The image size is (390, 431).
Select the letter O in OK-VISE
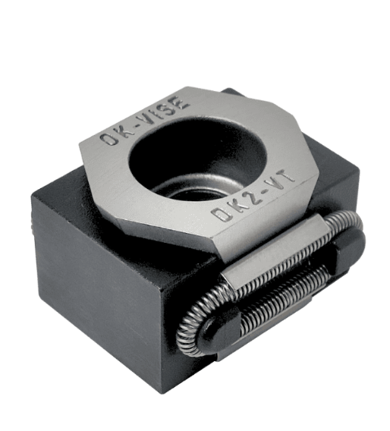[109, 140]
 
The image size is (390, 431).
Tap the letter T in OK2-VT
[288, 177]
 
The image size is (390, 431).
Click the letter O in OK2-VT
[221, 214]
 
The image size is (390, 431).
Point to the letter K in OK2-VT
[237, 206]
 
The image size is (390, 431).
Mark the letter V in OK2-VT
[275, 184]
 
